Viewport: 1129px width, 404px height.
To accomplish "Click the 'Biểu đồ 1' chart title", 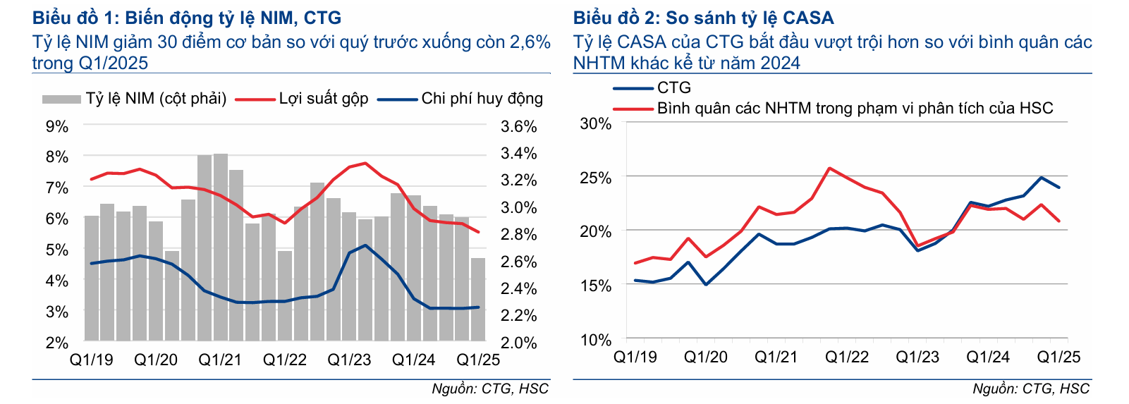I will [x=187, y=18].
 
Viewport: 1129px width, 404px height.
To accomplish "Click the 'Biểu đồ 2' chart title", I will [x=703, y=18].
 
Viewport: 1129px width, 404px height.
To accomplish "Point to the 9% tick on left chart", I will [x=57, y=127].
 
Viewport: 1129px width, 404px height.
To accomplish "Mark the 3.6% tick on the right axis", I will [x=518, y=127].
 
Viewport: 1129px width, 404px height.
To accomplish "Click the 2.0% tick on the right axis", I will [x=518, y=343].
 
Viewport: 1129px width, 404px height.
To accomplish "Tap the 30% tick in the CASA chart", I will [x=596, y=124].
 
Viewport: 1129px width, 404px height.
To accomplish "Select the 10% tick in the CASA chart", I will [x=596, y=340].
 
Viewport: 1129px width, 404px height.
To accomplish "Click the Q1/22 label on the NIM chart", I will [x=285, y=360].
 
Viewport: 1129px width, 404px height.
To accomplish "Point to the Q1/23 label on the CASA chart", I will [x=917, y=357].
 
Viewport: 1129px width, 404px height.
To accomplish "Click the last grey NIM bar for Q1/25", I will [x=478, y=300].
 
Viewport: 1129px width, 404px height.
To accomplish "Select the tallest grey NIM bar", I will [x=221, y=247].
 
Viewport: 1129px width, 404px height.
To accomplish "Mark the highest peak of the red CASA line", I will [x=829, y=168].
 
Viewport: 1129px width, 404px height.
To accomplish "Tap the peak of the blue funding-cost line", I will [x=365, y=245].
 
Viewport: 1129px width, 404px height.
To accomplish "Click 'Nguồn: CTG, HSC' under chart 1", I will [x=490, y=388].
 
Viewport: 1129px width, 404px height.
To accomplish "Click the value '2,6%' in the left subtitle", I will [x=529, y=42].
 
